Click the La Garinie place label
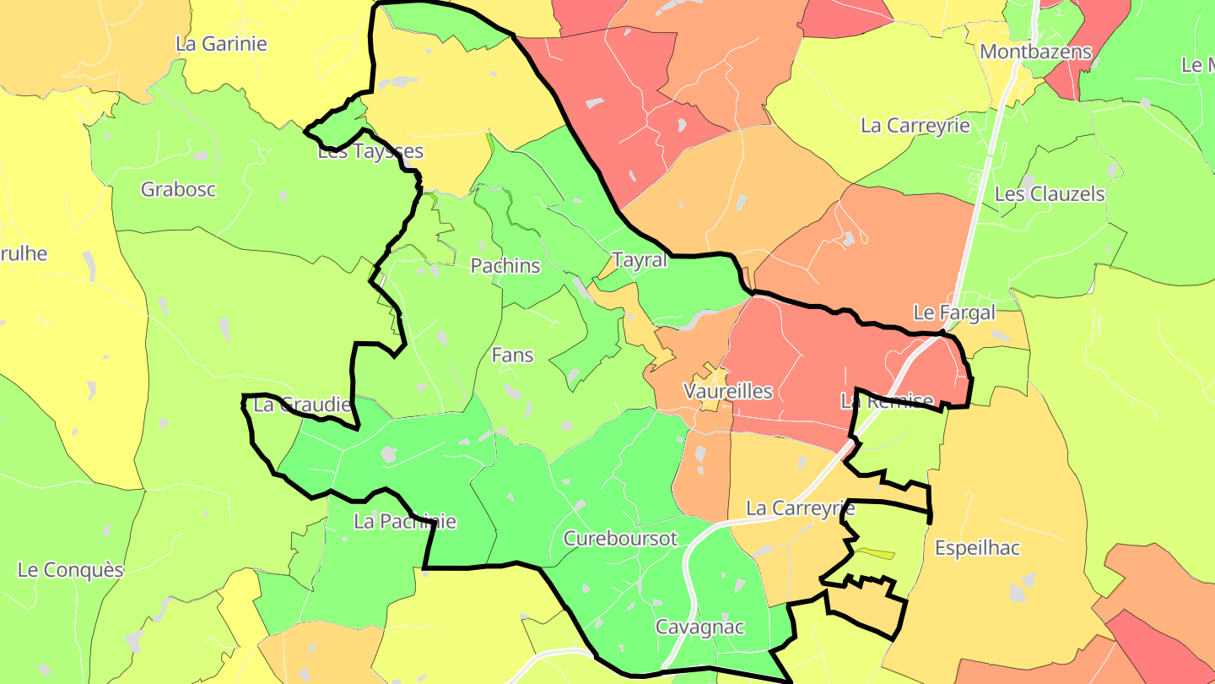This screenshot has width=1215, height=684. [221, 44]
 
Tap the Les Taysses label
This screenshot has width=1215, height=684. [370, 152]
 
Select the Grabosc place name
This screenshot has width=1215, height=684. [178, 189]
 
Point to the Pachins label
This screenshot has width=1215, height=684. [505, 265]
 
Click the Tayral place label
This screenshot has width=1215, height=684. [640, 260]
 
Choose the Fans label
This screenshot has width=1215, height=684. [512, 355]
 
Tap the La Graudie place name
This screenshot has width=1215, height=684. [301, 405]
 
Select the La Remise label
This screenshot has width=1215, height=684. [887, 401]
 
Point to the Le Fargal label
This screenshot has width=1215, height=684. [954, 312]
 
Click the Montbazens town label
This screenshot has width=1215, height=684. [1035, 52]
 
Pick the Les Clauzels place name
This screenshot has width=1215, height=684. [1050, 193]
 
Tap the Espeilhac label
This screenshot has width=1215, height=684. [977, 548]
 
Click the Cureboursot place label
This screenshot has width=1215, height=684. [620, 539]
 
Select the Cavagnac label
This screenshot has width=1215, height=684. [699, 627]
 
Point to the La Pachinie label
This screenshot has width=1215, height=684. [405, 522]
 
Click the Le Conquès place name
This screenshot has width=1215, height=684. [70, 570]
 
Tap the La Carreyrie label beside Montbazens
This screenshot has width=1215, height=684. [915, 126]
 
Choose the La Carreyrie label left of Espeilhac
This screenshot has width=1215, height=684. [801, 508]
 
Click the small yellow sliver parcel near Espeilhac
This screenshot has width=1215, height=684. [874, 554]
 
